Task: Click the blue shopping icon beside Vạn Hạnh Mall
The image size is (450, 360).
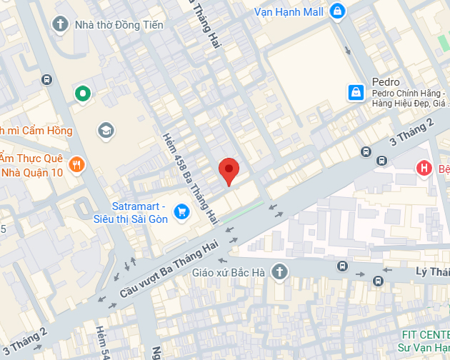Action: pos(337,11)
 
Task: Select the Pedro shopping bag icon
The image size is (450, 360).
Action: pos(355,92)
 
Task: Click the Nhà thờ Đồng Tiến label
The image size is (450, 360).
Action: pos(119,25)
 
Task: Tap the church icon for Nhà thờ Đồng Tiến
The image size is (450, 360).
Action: pos(61,25)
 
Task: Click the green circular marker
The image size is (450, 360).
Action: pos(83,93)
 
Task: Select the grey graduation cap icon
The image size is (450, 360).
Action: pos(106,129)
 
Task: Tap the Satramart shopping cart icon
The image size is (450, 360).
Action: pos(181,211)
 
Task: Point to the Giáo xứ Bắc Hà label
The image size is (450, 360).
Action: pos(229,272)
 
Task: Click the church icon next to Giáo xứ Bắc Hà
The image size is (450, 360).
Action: pos(279,271)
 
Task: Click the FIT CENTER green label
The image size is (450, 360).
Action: pos(425,334)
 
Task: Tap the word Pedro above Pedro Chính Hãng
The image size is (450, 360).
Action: pos(386,82)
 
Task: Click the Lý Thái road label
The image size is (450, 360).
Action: pos(432,271)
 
